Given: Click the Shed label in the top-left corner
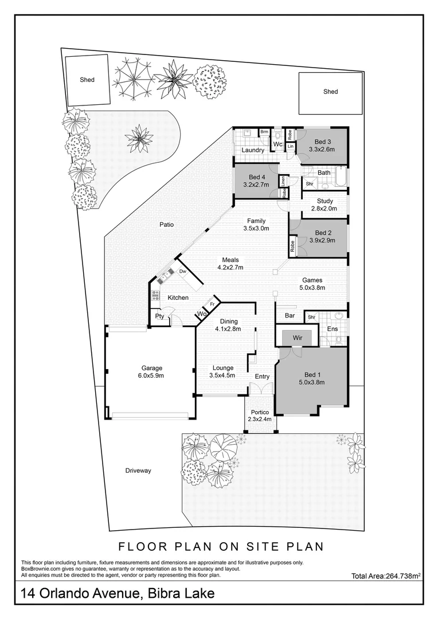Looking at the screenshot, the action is [87, 80].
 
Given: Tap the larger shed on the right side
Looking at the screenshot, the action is [331, 93].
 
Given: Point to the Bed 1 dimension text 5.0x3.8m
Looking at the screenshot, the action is [312, 382].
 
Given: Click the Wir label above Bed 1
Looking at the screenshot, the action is [298, 338].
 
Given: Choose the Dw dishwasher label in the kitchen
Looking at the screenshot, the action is [183, 272].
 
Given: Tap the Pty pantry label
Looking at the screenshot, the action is [159, 316].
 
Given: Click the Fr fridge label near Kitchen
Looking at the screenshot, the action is [212, 304].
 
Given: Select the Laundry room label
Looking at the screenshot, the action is [253, 150].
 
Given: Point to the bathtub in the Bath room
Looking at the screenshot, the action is [341, 177].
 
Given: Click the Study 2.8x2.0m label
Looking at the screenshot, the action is [324, 205].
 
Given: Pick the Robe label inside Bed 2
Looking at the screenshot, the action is [292, 246].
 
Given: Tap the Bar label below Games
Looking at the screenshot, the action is [290, 315].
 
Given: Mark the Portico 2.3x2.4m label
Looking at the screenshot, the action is [260, 416].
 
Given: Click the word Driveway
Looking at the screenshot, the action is [138, 471].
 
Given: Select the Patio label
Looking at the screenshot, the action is [166, 225].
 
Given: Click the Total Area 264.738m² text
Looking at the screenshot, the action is [385, 576].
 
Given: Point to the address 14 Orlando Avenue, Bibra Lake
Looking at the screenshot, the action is [118, 593].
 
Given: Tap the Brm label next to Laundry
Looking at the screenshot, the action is [264, 132].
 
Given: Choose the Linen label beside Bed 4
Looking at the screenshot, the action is [283, 181].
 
